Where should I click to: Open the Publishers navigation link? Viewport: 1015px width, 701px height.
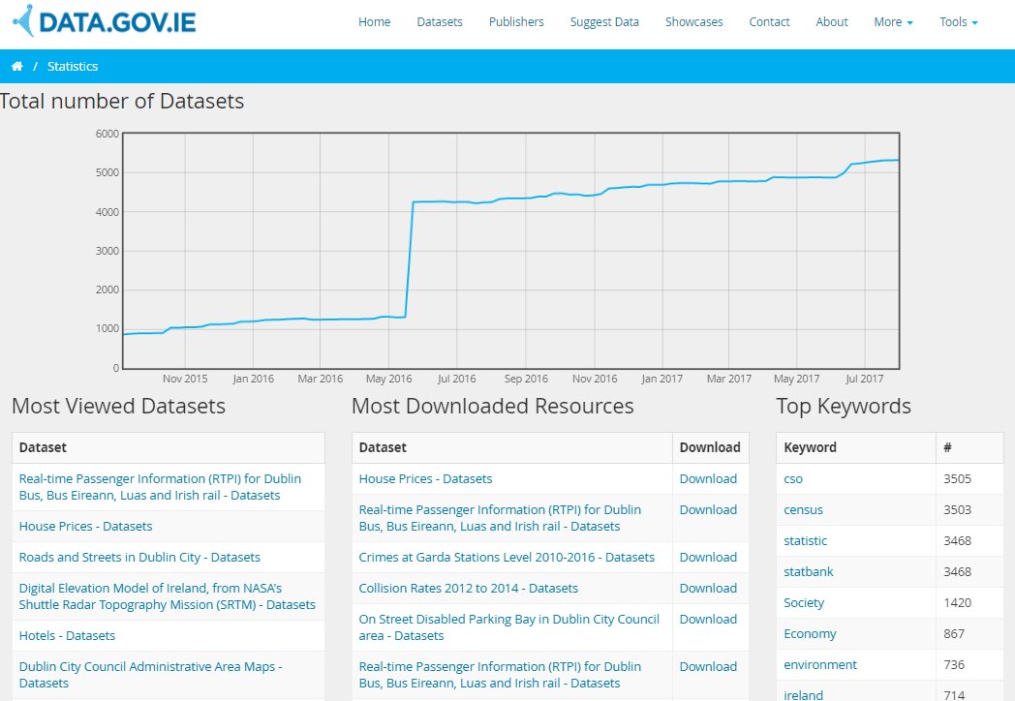click(x=516, y=22)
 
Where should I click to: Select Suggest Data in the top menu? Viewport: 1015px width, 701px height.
click(x=604, y=22)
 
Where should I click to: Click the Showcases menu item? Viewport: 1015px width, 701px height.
click(x=693, y=22)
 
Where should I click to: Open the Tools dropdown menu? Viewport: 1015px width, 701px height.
click(x=958, y=22)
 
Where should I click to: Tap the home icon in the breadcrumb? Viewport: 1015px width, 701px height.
click(x=16, y=67)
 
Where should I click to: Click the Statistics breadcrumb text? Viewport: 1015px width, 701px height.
click(x=73, y=67)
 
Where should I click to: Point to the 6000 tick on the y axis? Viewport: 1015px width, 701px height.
click(x=108, y=134)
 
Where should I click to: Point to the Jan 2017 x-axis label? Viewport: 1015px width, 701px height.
click(x=662, y=380)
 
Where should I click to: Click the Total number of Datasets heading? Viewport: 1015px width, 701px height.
click(x=122, y=101)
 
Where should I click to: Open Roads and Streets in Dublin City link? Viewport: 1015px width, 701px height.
click(x=139, y=558)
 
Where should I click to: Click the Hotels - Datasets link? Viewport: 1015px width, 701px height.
click(x=67, y=636)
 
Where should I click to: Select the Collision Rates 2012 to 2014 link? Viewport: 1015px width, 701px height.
click(x=468, y=589)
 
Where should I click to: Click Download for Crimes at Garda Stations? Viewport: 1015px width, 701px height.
click(x=708, y=558)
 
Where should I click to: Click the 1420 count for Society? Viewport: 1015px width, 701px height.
click(x=957, y=603)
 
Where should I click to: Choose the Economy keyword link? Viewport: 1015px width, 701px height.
click(x=810, y=634)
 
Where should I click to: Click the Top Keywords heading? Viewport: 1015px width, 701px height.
click(x=844, y=407)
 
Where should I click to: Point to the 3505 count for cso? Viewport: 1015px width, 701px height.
click(x=957, y=479)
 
